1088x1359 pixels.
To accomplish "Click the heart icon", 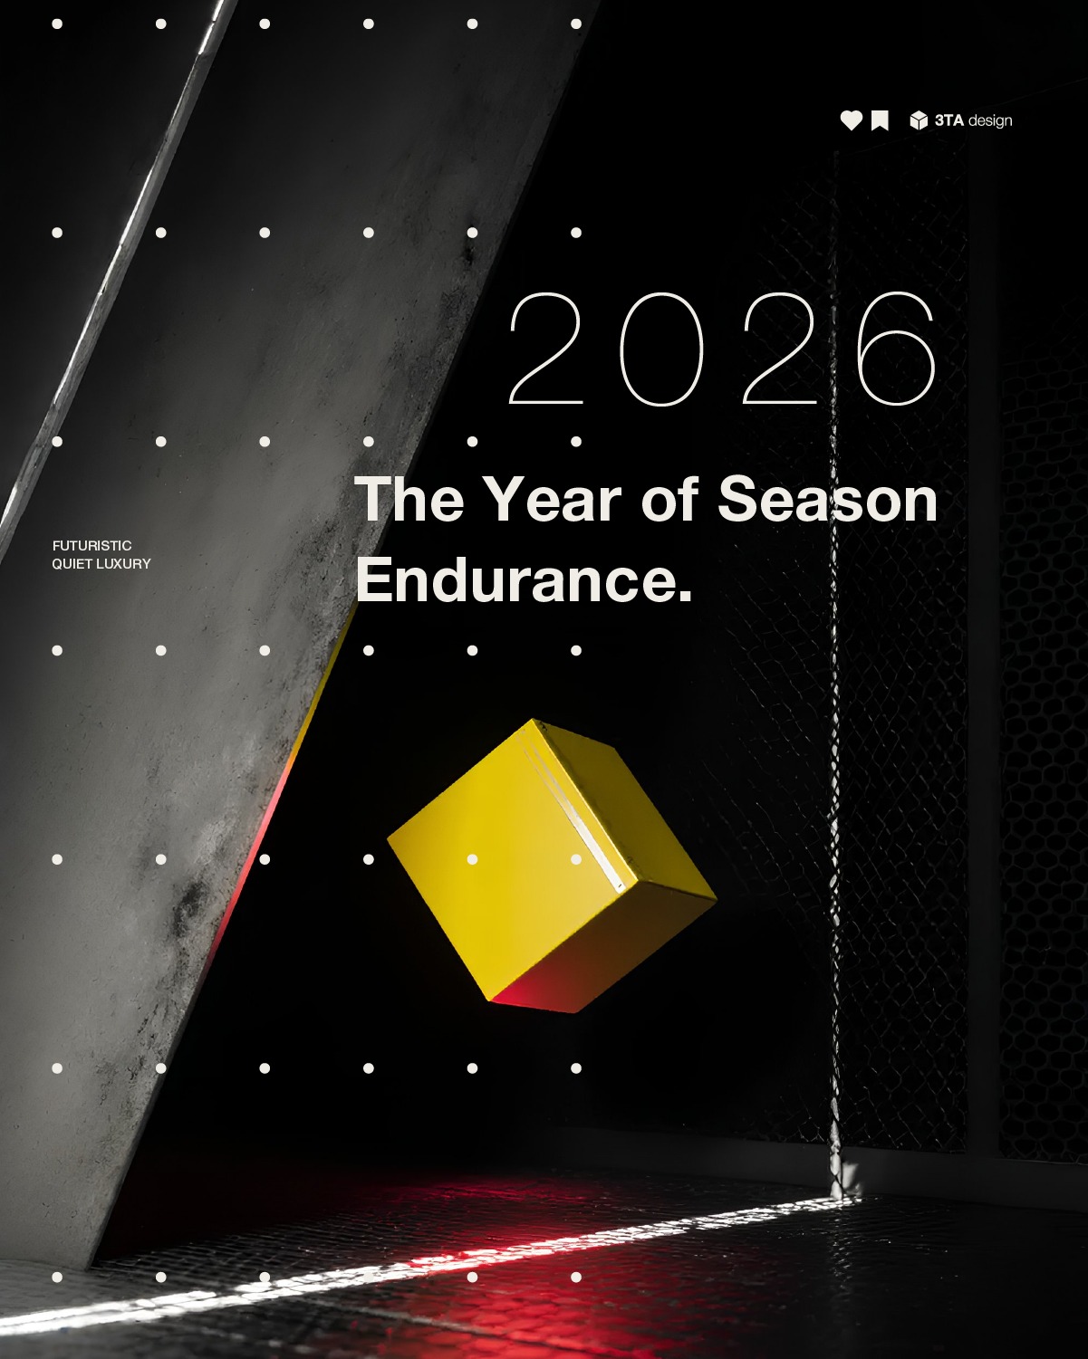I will coord(851,120).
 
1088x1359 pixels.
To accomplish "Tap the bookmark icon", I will coord(880,120).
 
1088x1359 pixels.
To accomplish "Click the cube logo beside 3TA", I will coord(919,120).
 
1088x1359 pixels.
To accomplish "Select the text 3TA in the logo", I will coord(948,120).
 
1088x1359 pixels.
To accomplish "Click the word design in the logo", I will coord(990,121).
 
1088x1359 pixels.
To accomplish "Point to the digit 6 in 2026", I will coord(896,349).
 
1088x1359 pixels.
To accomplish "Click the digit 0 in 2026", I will coord(661,349).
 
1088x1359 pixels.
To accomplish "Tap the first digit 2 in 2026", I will coord(545,349).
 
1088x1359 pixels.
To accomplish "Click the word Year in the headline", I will coord(552,500).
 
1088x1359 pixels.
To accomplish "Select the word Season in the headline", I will coord(827,500).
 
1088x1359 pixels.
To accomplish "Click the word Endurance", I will coord(524,580).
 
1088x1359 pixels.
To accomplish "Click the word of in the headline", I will coord(669,500).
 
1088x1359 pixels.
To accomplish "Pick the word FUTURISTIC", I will coord(92,546).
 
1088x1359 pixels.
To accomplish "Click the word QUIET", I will coord(72,564).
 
